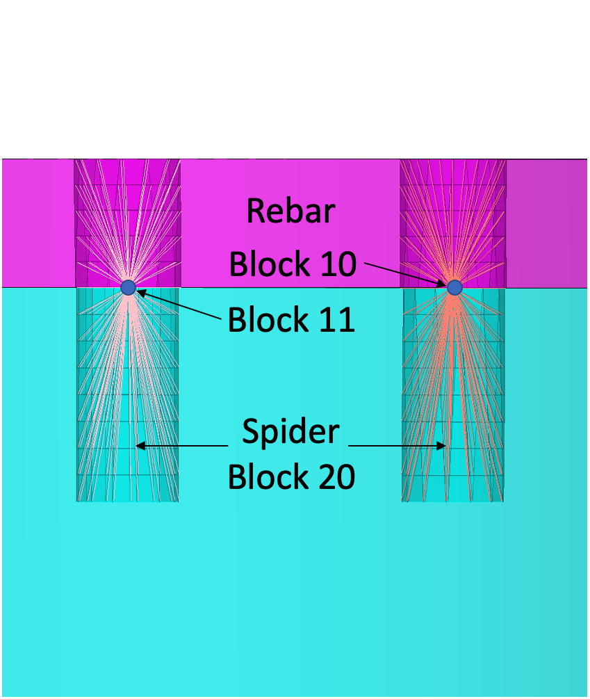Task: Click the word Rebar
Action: click(x=290, y=211)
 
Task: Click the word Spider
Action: click(x=290, y=432)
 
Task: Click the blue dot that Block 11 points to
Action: click(x=128, y=287)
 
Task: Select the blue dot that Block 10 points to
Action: click(x=454, y=287)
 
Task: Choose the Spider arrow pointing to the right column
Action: click(x=396, y=446)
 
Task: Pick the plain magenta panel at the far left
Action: click(x=38, y=223)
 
